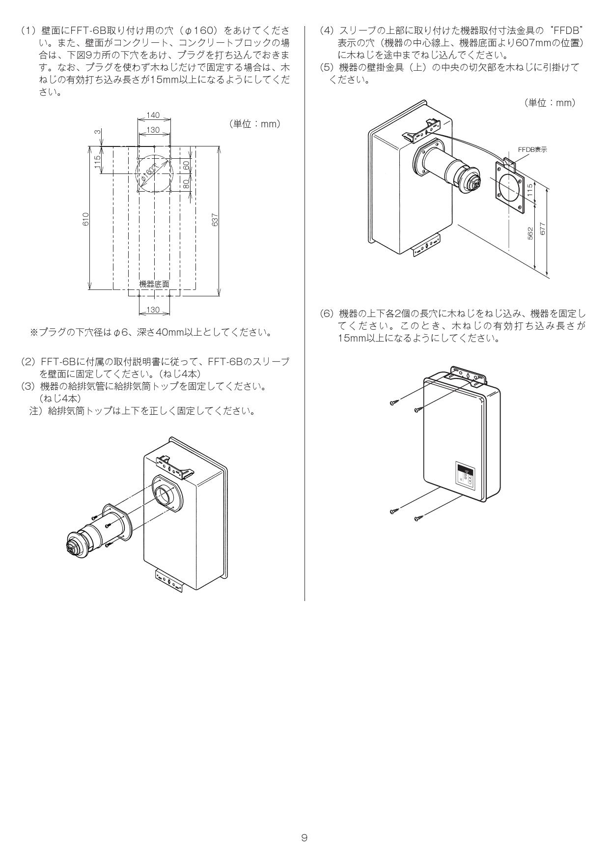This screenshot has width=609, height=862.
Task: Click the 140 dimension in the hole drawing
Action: (x=153, y=115)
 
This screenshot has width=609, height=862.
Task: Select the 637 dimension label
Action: (x=215, y=220)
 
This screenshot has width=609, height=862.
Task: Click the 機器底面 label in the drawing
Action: (x=154, y=284)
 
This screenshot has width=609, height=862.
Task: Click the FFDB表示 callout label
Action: (x=532, y=149)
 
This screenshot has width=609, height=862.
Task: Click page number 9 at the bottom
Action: (x=304, y=837)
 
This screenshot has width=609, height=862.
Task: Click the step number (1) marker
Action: (x=28, y=30)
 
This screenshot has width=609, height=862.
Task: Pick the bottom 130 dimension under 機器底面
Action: (x=153, y=310)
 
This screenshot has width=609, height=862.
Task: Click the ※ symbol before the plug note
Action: (x=34, y=333)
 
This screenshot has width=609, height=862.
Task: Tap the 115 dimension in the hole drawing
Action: (x=98, y=161)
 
